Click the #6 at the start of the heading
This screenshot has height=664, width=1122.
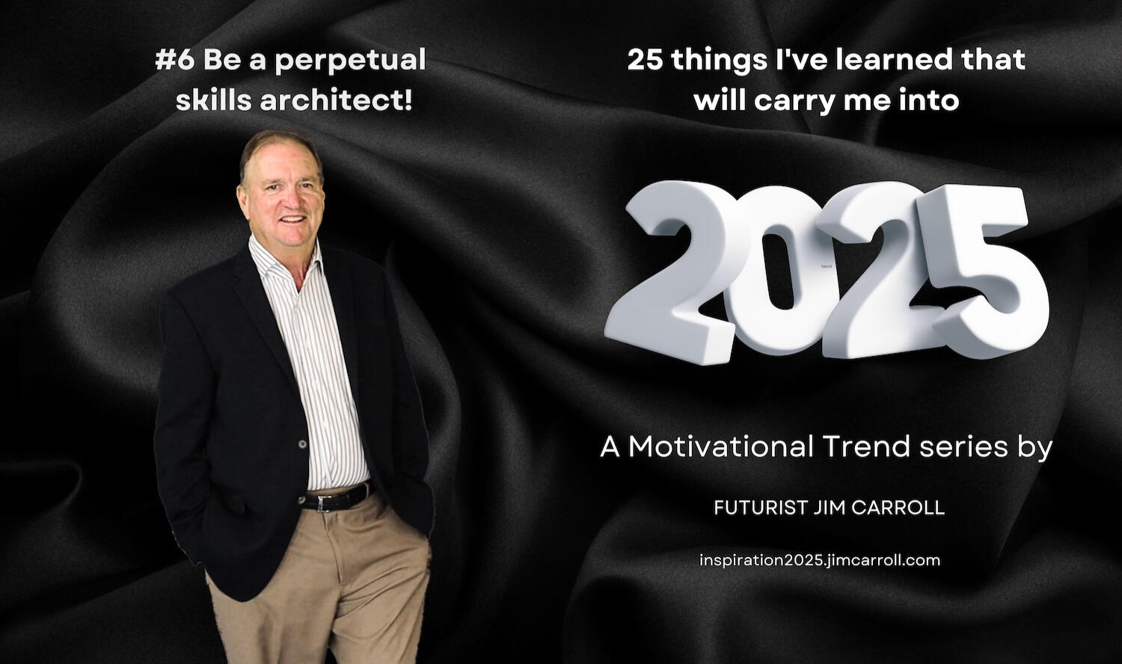click(x=175, y=60)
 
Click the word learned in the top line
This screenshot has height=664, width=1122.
click(x=887, y=60)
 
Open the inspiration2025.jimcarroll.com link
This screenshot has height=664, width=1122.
click(x=820, y=560)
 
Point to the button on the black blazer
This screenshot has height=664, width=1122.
click(x=302, y=443)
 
